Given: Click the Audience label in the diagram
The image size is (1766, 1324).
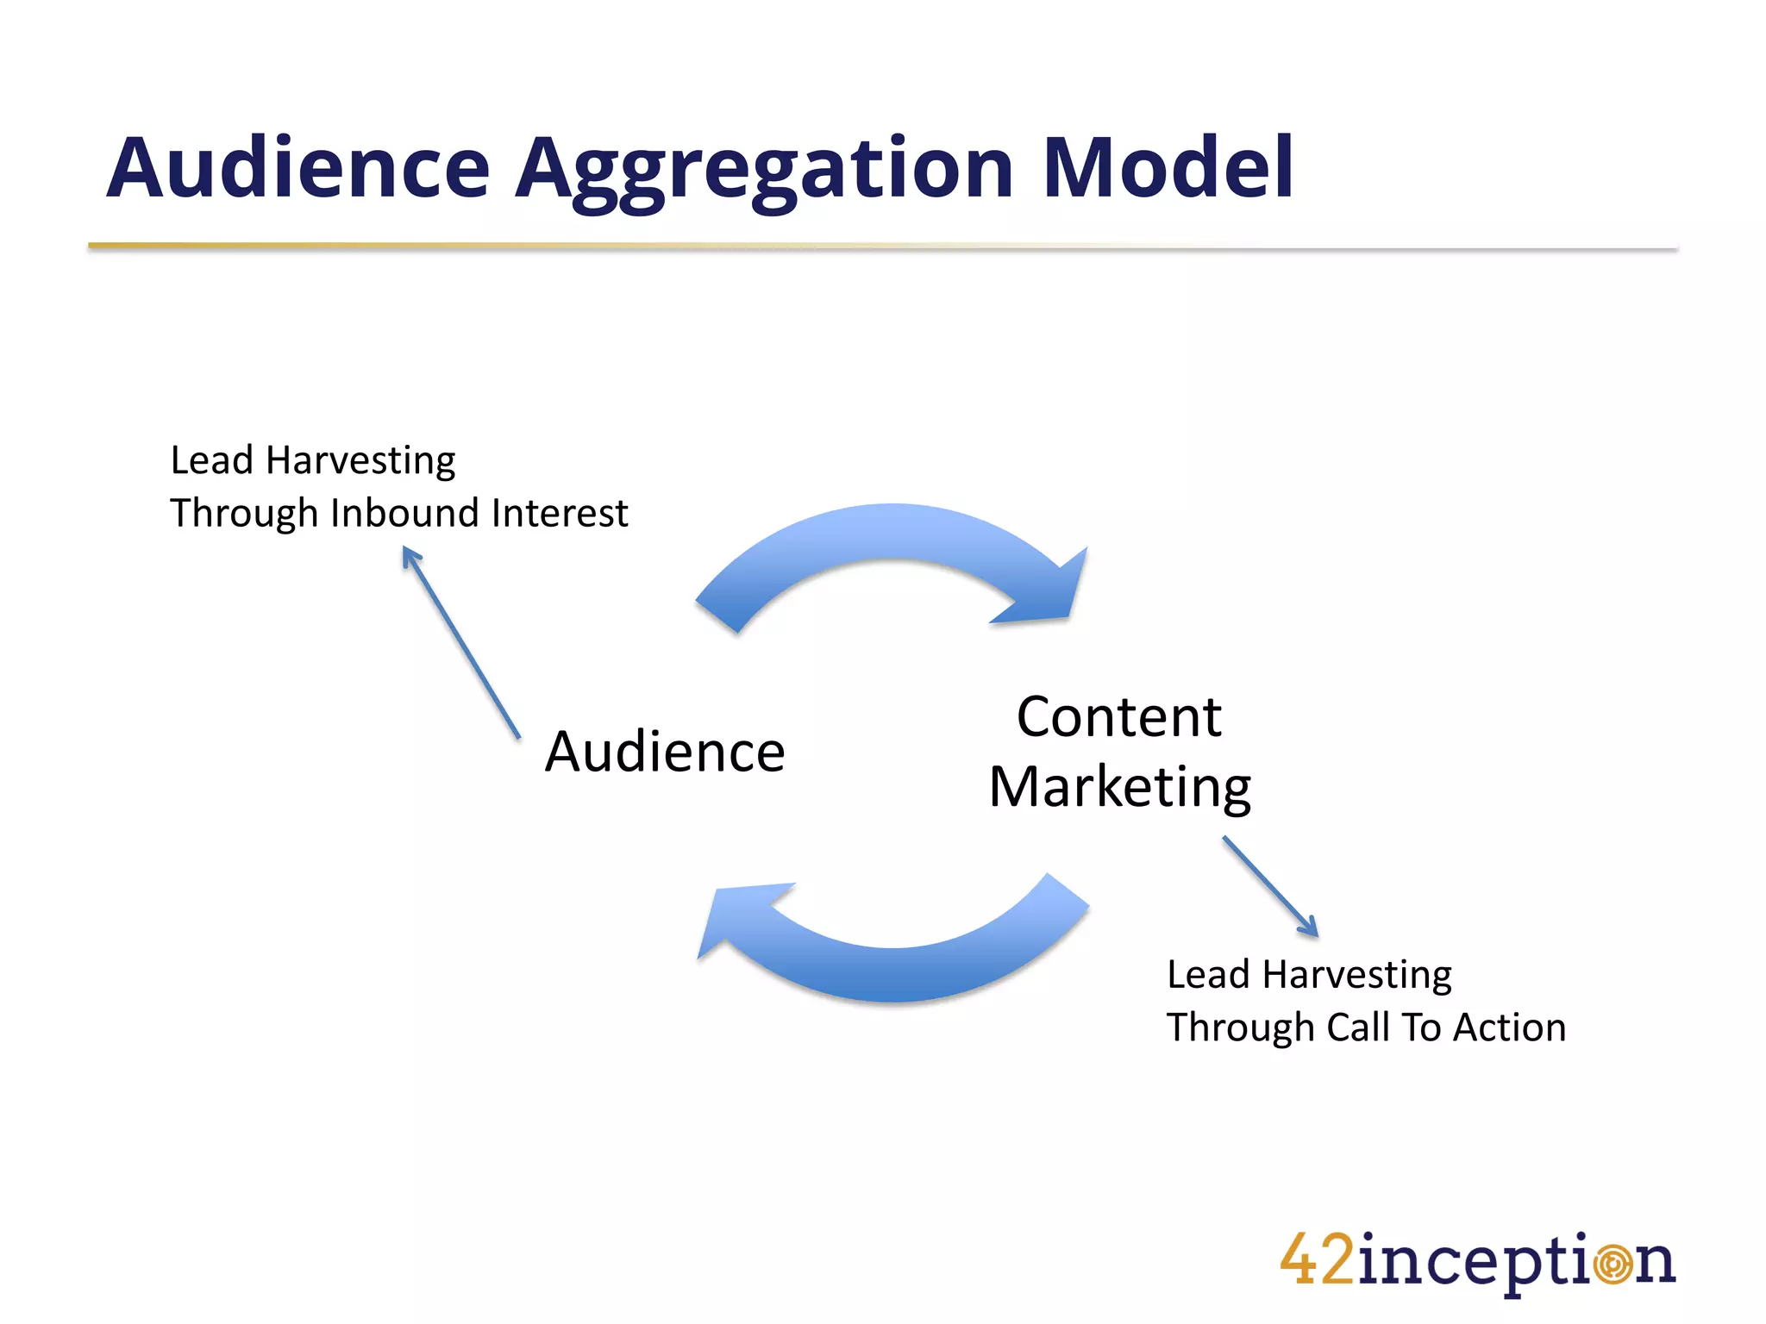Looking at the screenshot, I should [665, 752].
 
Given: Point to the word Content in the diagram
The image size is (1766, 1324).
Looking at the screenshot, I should [1118, 717].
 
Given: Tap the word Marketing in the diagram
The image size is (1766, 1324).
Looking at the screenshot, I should [1119, 787].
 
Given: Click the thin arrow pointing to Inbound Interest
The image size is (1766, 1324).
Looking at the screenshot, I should [461, 642].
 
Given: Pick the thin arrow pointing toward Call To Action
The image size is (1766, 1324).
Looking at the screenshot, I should [1270, 885].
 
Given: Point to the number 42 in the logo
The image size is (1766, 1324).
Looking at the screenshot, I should [1317, 1260].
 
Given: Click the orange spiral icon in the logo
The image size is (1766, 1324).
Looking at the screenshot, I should [1613, 1265].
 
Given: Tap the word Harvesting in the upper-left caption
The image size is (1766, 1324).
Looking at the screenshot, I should [360, 461].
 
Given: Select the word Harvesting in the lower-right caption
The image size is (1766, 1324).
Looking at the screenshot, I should [1356, 976].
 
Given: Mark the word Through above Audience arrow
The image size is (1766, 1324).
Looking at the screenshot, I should [244, 514].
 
